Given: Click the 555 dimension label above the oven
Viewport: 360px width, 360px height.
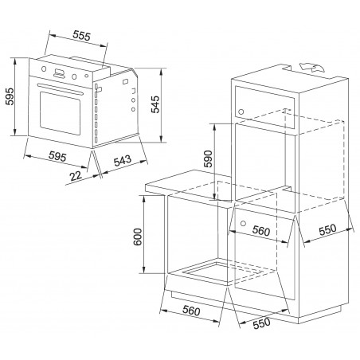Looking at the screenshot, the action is click(x=82, y=36).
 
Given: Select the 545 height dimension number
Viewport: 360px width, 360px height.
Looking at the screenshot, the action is click(x=155, y=104).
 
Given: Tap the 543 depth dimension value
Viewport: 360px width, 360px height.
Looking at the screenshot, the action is click(x=123, y=161).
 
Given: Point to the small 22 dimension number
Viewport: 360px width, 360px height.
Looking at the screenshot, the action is click(x=76, y=175).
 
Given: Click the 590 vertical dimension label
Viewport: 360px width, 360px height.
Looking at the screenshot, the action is click(x=208, y=158).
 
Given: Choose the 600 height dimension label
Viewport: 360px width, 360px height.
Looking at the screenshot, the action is click(x=138, y=237).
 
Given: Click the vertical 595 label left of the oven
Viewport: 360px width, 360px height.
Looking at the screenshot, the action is click(x=10, y=96).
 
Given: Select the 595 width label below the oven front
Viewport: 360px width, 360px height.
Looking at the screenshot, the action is click(x=57, y=156).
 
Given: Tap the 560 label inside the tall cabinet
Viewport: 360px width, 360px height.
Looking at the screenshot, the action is click(x=261, y=231).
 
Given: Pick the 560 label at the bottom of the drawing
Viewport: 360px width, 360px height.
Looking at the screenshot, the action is click(x=191, y=311).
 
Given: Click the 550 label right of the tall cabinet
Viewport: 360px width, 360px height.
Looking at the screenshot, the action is click(x=327, y=229).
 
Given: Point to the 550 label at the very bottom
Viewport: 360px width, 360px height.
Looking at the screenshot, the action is click(x=261, y=323).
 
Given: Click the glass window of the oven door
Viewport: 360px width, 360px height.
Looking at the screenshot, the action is click(x=60, y=113).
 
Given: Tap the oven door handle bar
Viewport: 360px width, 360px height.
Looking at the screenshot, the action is click(x=61, y=88).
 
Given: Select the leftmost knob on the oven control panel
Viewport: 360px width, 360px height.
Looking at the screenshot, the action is click(x=44, y=68).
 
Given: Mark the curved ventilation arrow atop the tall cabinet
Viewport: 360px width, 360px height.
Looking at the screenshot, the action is click(x=312, y=67).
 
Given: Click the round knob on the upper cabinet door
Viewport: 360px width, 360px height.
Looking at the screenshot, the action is click(x=241, y=112).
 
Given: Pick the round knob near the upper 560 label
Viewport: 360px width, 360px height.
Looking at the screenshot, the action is click(x=243, y=223).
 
